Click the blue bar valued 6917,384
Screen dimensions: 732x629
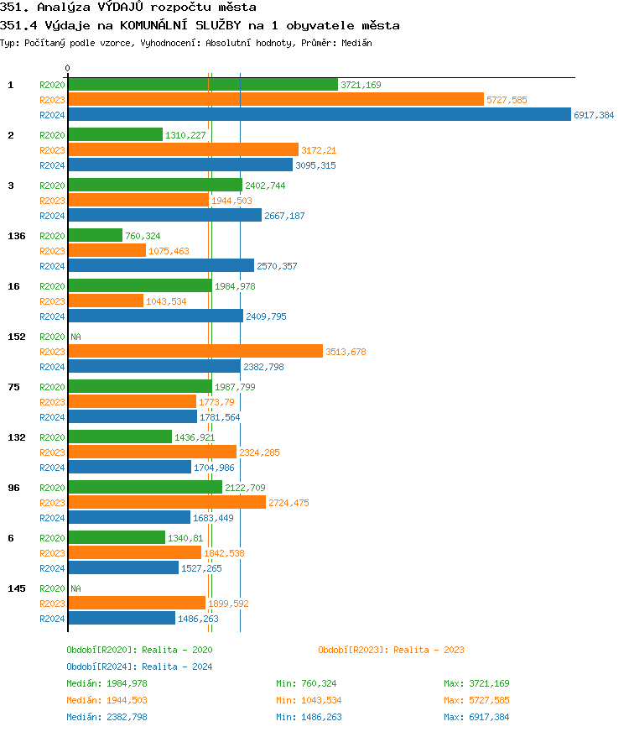pyautogui.click(x=319, y=115)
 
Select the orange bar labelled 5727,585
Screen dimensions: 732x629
pyautogui.click(x=276, y=100)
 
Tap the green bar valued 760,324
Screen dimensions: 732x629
pyautogui.click(x=95, y=236)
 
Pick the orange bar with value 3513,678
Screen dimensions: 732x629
pyautogui.click(x=195, y=352)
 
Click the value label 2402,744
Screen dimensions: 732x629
pyautogui.click(x=265, y=186)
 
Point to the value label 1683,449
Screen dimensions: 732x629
pyautogui.click(x=213, y=518)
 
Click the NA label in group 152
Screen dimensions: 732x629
pyautogui.click(x=75, y=337)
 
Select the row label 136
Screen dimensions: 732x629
pyautogui.click(x=16, y=236)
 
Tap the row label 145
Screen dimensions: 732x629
pyautogui.click(x=16, y=588)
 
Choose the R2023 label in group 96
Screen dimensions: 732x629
pyautogui.click(x=53, y=503)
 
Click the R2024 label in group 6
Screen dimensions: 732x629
pyautogui.click(x=53, y=568)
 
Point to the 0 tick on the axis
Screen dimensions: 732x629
pyautogui.click(x=68, y=69)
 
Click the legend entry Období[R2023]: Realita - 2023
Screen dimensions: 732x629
pyautogui.click(x=391, y=650)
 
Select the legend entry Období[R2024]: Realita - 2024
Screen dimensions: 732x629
pyautogui.click(x=139, y=667)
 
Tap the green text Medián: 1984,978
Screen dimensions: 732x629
pyautogui.click(x=107, y=683)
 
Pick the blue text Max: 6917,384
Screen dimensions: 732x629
pyautogui.click(x=476, y=717)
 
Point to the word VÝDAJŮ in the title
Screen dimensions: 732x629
pyautogui.click(x=122, y=8)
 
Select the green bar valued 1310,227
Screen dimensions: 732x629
pyautogui.click(x=115, y=135)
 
